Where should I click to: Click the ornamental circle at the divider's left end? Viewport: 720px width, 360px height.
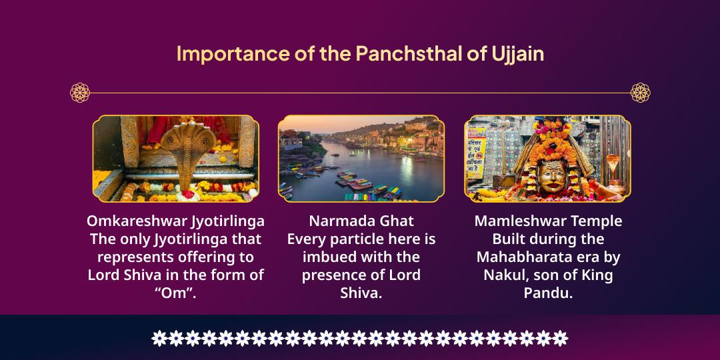(x=80, y=92)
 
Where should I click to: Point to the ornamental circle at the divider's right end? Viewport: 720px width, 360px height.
(x=640, y=92)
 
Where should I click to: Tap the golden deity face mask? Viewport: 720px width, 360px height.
(x=553, y=175)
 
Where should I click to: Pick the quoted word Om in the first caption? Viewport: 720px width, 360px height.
(x=175, y=293)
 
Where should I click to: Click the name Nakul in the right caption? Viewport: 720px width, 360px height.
(x=502, y=275)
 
